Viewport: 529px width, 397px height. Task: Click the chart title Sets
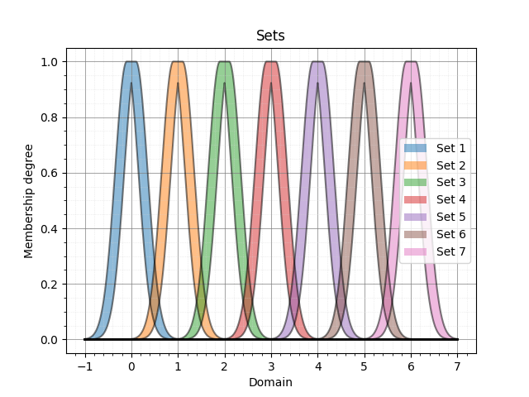[x=270, y=36]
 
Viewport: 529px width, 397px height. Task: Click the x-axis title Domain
[x=270, y=382]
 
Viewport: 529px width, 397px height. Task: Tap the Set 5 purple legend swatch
[x=417, y=217]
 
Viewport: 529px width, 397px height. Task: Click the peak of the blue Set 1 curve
[x=131, y=62]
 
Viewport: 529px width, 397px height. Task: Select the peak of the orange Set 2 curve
[x=178, y=62]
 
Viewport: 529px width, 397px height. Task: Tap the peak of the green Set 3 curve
[x=224, y=62]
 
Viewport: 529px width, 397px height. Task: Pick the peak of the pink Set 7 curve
[x=411, y=62]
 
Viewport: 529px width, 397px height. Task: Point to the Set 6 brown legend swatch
[x=417, y=234]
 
